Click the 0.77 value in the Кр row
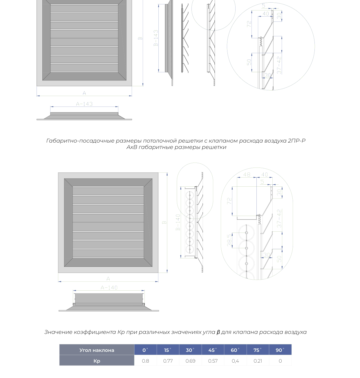tap(168, 361)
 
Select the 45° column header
tap(213, 350)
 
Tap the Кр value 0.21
tap(258, 361)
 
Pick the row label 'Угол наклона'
tap(97, 350)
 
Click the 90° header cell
tap(280, 350)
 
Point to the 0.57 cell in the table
tap(213, 361)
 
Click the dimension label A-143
tap(84, 104)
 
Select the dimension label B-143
tap(156, 38)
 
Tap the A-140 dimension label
tap(109, 288)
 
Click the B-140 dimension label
tap(178, 222)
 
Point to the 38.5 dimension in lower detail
tap(229, 240)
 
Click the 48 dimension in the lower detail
tap(247, 174)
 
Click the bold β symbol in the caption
tap(218, 332)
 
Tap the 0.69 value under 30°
tap(190, 361)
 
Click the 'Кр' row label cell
tap(97, 361)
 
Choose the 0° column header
tap(145, 350)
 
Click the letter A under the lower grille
tap(108, 279)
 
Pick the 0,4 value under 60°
tap(235, 361)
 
